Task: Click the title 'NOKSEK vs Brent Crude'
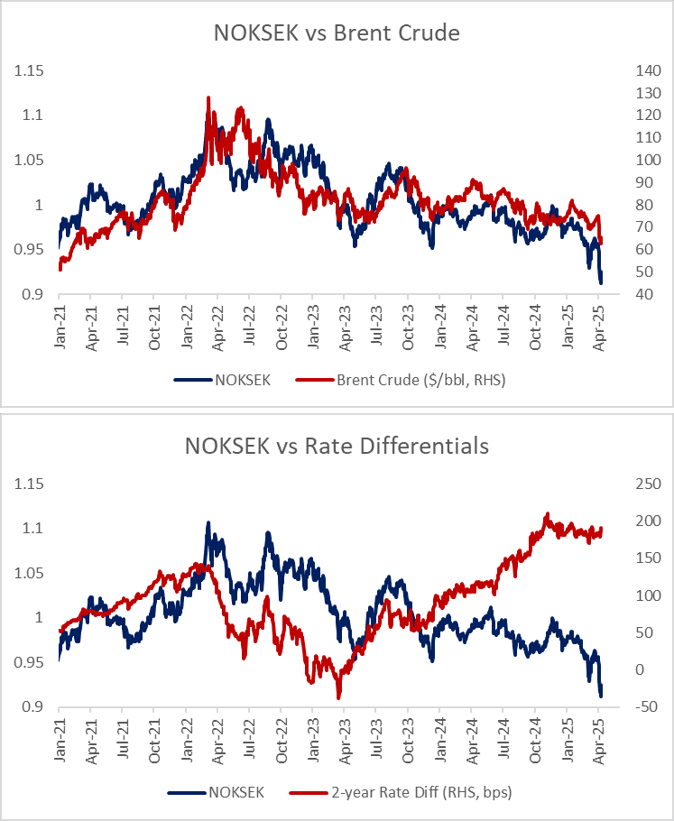pyautogui.click(x=337, y=33)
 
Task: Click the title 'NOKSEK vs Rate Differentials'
pyautogui.click(x=337, y=446)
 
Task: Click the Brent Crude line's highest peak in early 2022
pyautogui.click(x=208, y=97)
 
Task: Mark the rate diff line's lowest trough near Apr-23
pyautogui.click(x=338, y=697)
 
